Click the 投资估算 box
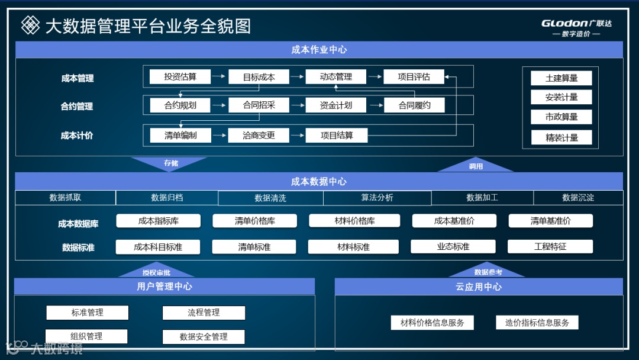(x=180, y=77)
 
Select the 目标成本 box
(x=259, y=77)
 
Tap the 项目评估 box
(x=414, y=77)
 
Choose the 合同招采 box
(x=259, y=105)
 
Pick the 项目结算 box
(x=337, y=135)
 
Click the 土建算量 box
(x=561, y=78)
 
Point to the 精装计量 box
(x=561, y=138)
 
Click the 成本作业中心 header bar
(x=319, y=50)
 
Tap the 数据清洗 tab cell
(x=270, y=198)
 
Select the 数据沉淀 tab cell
(x=578, y=198)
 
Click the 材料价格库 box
(x=354, y=221)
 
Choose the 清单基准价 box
(x=550, y=221)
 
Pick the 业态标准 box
(x=453, y=247)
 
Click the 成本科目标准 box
(x=158, y=247)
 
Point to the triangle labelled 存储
(x=170, y=162)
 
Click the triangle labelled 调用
(x=475, y=165)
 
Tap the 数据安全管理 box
(x=204, y=337)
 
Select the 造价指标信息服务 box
(x=537, y=323)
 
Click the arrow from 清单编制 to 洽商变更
(x=220, y=136)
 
